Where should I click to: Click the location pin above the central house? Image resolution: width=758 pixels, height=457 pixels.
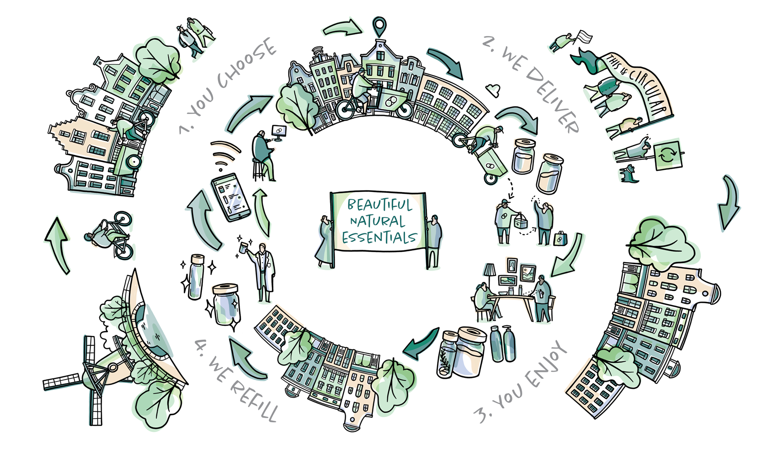[379, 26]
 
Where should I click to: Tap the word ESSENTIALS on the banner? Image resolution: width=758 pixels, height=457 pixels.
[379, 237]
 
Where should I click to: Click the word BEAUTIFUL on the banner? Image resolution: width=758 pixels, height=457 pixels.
[379, 204]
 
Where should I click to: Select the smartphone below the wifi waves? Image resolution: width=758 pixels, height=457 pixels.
[231, 197]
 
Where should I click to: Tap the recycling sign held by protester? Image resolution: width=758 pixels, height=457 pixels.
[668, 155]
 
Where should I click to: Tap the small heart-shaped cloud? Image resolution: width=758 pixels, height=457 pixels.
[493, 91]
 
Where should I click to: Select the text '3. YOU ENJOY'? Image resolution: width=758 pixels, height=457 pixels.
[521, 383]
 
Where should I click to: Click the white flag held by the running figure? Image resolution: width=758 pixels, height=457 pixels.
[584, 37]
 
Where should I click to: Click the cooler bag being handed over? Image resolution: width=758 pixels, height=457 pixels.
[521, 222]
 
